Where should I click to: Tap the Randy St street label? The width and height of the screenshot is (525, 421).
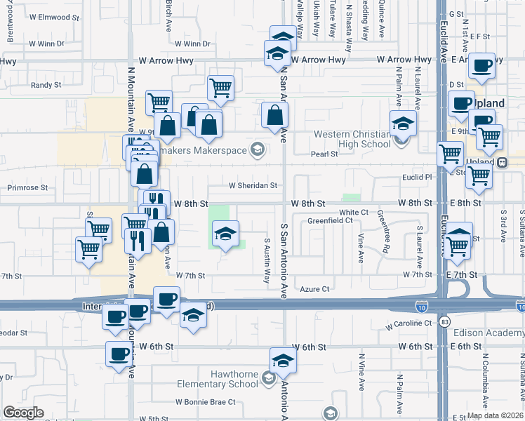(x=46, y=85)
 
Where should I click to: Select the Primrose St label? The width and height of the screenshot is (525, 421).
(x=27, y=188)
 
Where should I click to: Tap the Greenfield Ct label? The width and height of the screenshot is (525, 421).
(x=330, y=220)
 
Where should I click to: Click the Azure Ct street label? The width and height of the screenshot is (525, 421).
(x=313, y=289)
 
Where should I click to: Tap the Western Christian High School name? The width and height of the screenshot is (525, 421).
(x=352, y=139)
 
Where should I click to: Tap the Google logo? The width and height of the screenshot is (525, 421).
(x=24, y=413)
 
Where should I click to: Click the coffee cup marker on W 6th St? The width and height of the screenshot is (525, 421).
(x=119, y=353)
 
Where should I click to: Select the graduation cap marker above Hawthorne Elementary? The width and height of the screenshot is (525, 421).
(x=283, y=361)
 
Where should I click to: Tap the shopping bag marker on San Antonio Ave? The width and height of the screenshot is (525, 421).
(x=274, y=114)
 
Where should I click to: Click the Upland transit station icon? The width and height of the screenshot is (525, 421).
(x=503, y=162)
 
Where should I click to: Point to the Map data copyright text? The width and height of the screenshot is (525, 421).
(x=495, y=415)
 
